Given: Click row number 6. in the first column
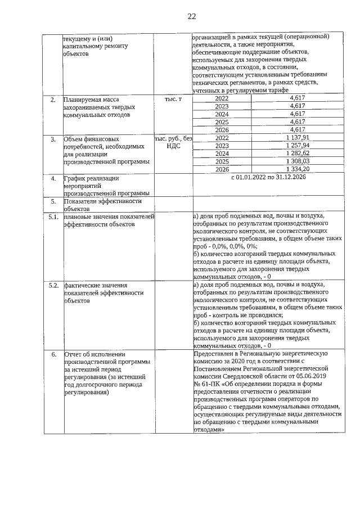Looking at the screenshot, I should click(x=53, y=355).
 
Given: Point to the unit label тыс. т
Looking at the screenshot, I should click(x=173, y=99).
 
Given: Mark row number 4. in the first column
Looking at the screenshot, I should click(x=53, y=179).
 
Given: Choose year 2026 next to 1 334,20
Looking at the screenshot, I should click(x=222, y=169).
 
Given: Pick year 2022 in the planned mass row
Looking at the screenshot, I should click(x=222, y=99).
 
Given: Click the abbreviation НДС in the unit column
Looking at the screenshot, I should click(x=173, y=146).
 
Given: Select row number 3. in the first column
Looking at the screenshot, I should click(x=53, y=139).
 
